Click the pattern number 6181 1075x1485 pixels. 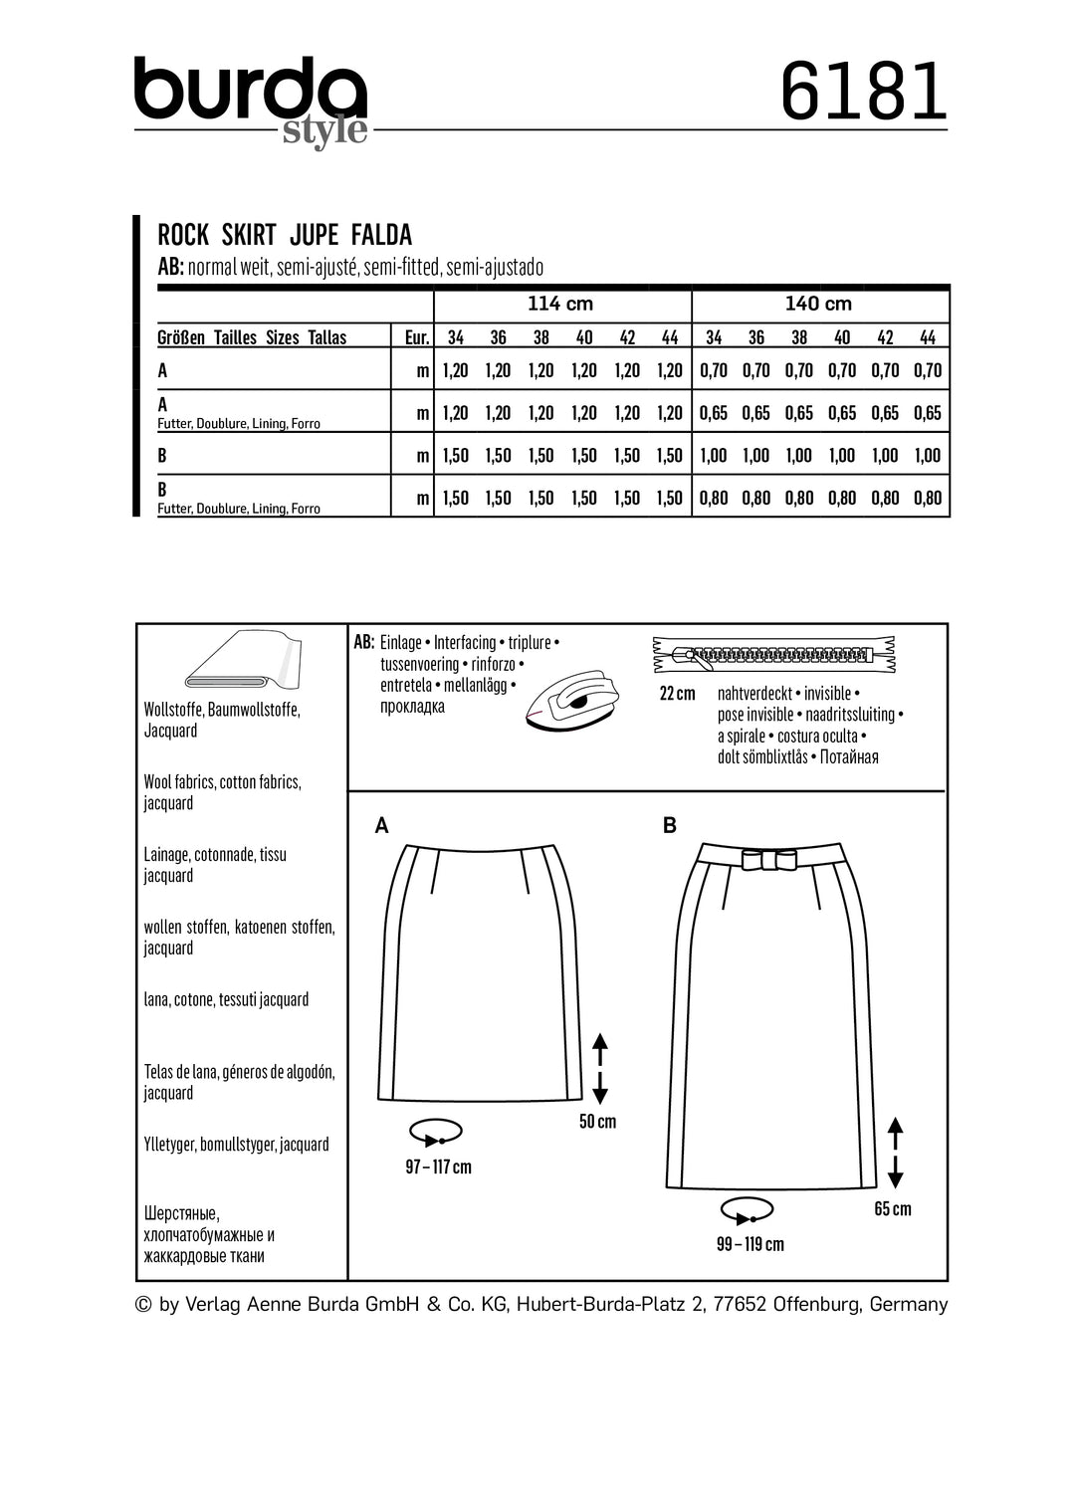pos(863,92)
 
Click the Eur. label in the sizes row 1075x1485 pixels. pos(417,337)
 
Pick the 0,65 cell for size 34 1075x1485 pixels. pos(714,413)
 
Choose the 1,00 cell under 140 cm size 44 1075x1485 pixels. pos(927,456)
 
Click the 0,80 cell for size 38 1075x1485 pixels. pos(799,498)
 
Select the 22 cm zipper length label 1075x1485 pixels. pos(678,694)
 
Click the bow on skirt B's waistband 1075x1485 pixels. pos(771,861)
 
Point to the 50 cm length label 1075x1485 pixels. pos(597,1122)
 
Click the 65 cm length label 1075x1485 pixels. pos(892,1209)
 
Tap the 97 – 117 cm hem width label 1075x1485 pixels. pos(438,1167)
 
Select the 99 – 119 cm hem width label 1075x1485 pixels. pos(750,1244)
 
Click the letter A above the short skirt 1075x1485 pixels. pos(381,825)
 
